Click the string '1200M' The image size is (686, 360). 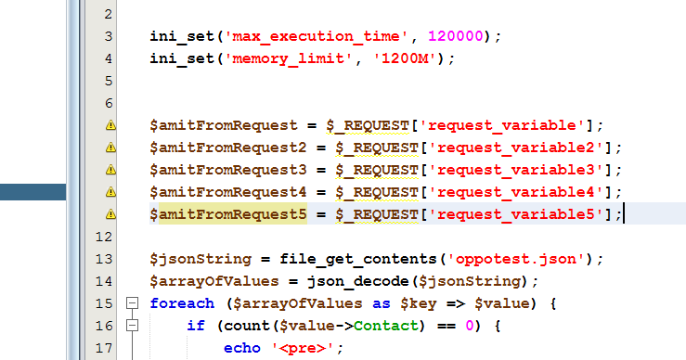pyautogui.click(x=408, y=58)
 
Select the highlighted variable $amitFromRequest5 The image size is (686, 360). pyautogui.click(x=227, y=213)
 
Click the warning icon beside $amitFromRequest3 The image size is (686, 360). pyautogui.click(x=110, y=169)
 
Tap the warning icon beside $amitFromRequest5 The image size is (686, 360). pyautogui.click(x=110, y=213)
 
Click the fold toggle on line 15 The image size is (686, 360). pyautogui.click(x=132, y=303)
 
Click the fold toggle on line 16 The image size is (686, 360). pyautogui.click(x=132, y=326)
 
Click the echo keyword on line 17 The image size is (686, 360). pyautogui.click(x=241, y=348)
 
